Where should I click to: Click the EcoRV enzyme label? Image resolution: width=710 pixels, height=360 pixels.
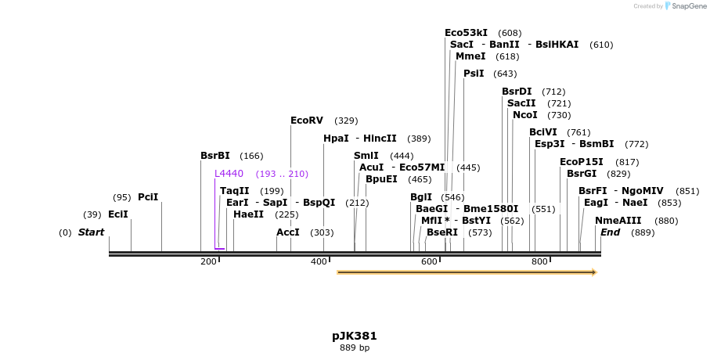click(306, 121)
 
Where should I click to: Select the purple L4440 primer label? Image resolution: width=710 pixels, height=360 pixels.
click(229, 174)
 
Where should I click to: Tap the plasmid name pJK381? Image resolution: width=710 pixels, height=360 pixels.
click(354, 336)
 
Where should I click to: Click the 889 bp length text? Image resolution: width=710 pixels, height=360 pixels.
click(354, 347)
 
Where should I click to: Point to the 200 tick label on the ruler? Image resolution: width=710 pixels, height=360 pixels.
click(208, 261)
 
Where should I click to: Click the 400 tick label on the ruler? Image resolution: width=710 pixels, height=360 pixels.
click(319, 261)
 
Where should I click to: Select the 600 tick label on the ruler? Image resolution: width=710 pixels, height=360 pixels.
click(429, 261)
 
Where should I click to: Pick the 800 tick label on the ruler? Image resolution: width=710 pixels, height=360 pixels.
click(539, 261)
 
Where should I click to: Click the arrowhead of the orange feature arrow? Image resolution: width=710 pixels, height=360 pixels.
click(593, 272)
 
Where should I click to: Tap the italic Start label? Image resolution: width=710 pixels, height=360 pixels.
click(91, 232)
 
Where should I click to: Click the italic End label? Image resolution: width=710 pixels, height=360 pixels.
click(610, 232)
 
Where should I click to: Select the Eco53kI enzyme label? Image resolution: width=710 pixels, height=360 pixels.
click(466, 33)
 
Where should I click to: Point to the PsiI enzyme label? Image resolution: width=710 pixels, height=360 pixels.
click(474, 74)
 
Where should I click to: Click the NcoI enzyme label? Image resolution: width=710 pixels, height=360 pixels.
click(525, 115)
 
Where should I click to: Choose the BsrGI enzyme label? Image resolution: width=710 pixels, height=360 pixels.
click(582, 174)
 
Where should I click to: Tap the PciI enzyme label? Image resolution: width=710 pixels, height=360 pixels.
click(148, 197)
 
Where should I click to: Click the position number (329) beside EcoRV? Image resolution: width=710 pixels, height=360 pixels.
click(346, 121)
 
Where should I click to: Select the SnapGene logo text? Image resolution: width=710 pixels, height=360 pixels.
click(687, 6)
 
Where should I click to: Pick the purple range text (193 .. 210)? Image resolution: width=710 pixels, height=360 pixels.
click(282, 174)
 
